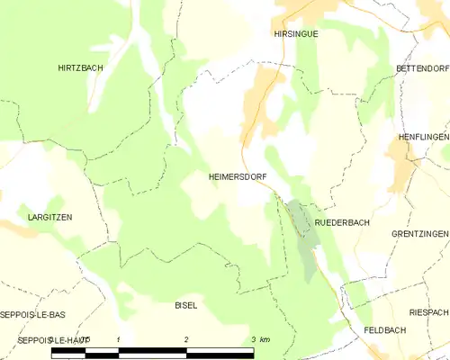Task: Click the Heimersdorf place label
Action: coord(238,177)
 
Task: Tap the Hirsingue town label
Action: coord(296,33)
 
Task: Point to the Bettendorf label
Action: coord(421,68)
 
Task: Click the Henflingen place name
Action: coord(423,137)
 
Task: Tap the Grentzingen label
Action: coord(419,234)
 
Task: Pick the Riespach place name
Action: coord(427,312)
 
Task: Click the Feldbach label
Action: coord(384,330)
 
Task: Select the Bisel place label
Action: coord(185,306)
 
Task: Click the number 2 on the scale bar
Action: coord(186,339)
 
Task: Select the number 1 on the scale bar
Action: coord(119,339)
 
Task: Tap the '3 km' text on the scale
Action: coord(260,339)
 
